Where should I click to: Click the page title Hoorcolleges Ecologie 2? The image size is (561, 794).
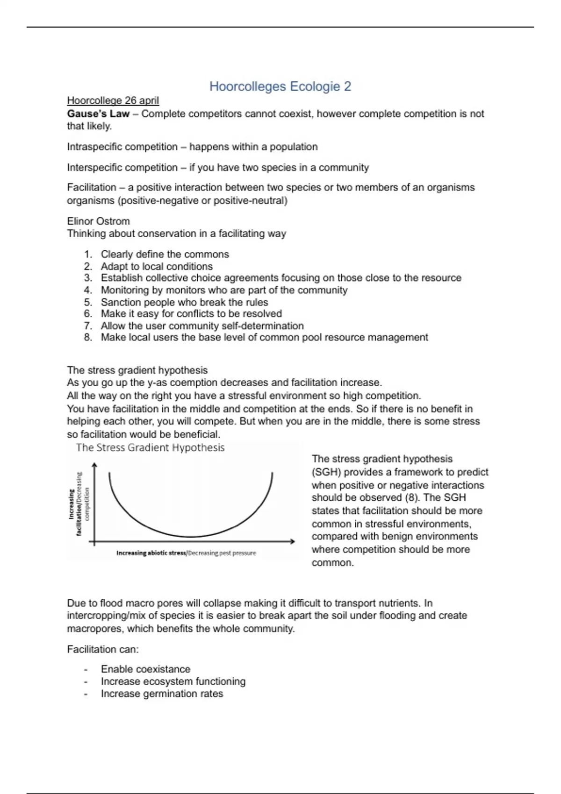pyautogui.click(x=280, y=86)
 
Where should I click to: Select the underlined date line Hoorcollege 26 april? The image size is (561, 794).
pyautogui.click(x=113, y=100)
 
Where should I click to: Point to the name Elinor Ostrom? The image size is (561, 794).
pyautogui.click(x=98, y=221)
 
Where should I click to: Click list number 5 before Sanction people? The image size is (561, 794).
pyautogui.click(x=88, y=302)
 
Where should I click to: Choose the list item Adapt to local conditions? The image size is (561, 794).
pyautogui.click(x=157, y=266)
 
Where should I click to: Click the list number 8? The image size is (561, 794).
pyautogui.click(x=88, y=337)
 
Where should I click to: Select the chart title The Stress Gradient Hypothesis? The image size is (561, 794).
pyautogui.click(x=150, y=447)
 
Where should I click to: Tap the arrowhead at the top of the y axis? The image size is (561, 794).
pyautogui.click(x=95, y=465)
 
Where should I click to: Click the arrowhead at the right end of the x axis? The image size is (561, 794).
pyautogui.click(x=293, y=541)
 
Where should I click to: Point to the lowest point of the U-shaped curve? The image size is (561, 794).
pyautogui.click(x=191, y=537)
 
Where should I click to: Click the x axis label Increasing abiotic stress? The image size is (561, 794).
pyautogui.click(x=151, y=553)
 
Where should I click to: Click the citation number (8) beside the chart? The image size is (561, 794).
pyautogui.click(x=411, y=497)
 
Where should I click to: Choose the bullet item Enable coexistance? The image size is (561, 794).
pyautogui.click(x=145, y=669)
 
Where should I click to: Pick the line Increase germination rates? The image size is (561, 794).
pyautogui.click(x=162, y=694)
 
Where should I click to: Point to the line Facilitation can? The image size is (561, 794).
pyautogui.click(x=103, y=649)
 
